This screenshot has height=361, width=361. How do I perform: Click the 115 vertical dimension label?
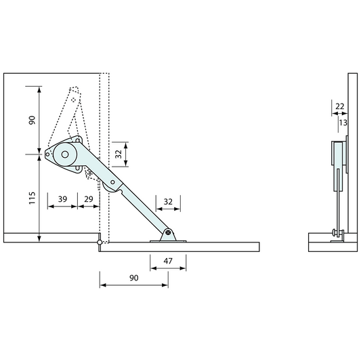[x=31, y=198]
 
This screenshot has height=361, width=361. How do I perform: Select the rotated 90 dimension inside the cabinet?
[x=31, y=121]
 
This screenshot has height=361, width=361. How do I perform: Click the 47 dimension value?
[x=168, y=261]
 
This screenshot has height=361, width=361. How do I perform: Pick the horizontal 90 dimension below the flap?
[x=133, y=278]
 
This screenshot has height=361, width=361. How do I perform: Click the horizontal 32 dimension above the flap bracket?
[x=168, y=201]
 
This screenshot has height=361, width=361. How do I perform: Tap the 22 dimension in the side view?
[x=339, y=106]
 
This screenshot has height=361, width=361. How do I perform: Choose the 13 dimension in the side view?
[x=343, y=122]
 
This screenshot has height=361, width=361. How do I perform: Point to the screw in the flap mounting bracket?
[x=168, y=234]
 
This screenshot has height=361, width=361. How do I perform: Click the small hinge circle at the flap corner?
[x=100, y=242]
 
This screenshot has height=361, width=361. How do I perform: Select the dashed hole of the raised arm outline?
[x=74, y=101]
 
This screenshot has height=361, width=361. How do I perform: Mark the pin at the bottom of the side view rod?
[x=335, y=234]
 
